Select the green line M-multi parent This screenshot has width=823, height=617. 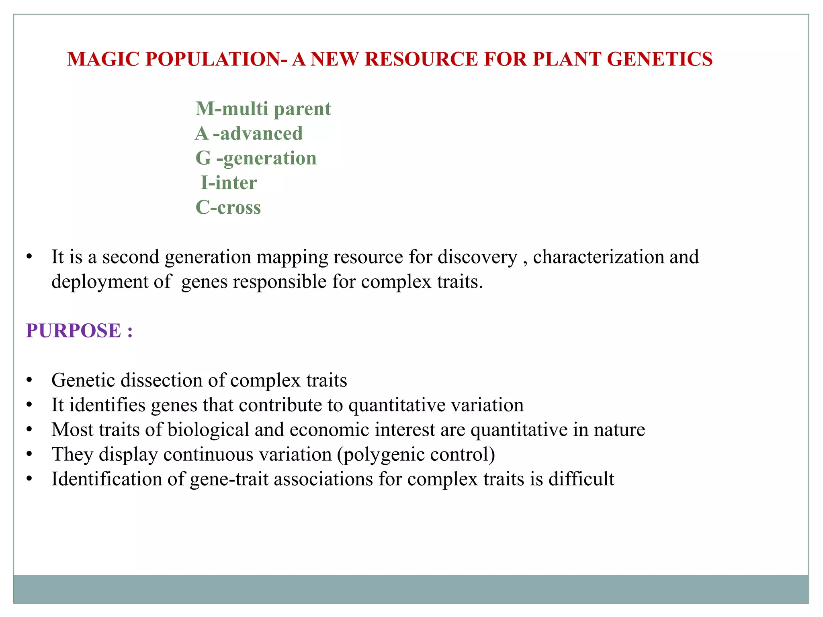pos(263,109)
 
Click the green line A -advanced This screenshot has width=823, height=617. pos(249,133)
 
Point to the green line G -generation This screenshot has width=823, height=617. pos(256,158)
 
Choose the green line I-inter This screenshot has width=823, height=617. pos(229,183)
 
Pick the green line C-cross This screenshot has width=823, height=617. pos(228,208)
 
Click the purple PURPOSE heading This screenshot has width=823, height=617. pos(79,331)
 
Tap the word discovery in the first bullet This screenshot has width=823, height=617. pos(477,257)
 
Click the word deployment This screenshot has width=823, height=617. pos(100,282)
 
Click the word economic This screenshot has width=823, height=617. pos(329,429)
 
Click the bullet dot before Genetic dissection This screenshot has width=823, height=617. pos(29,380)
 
